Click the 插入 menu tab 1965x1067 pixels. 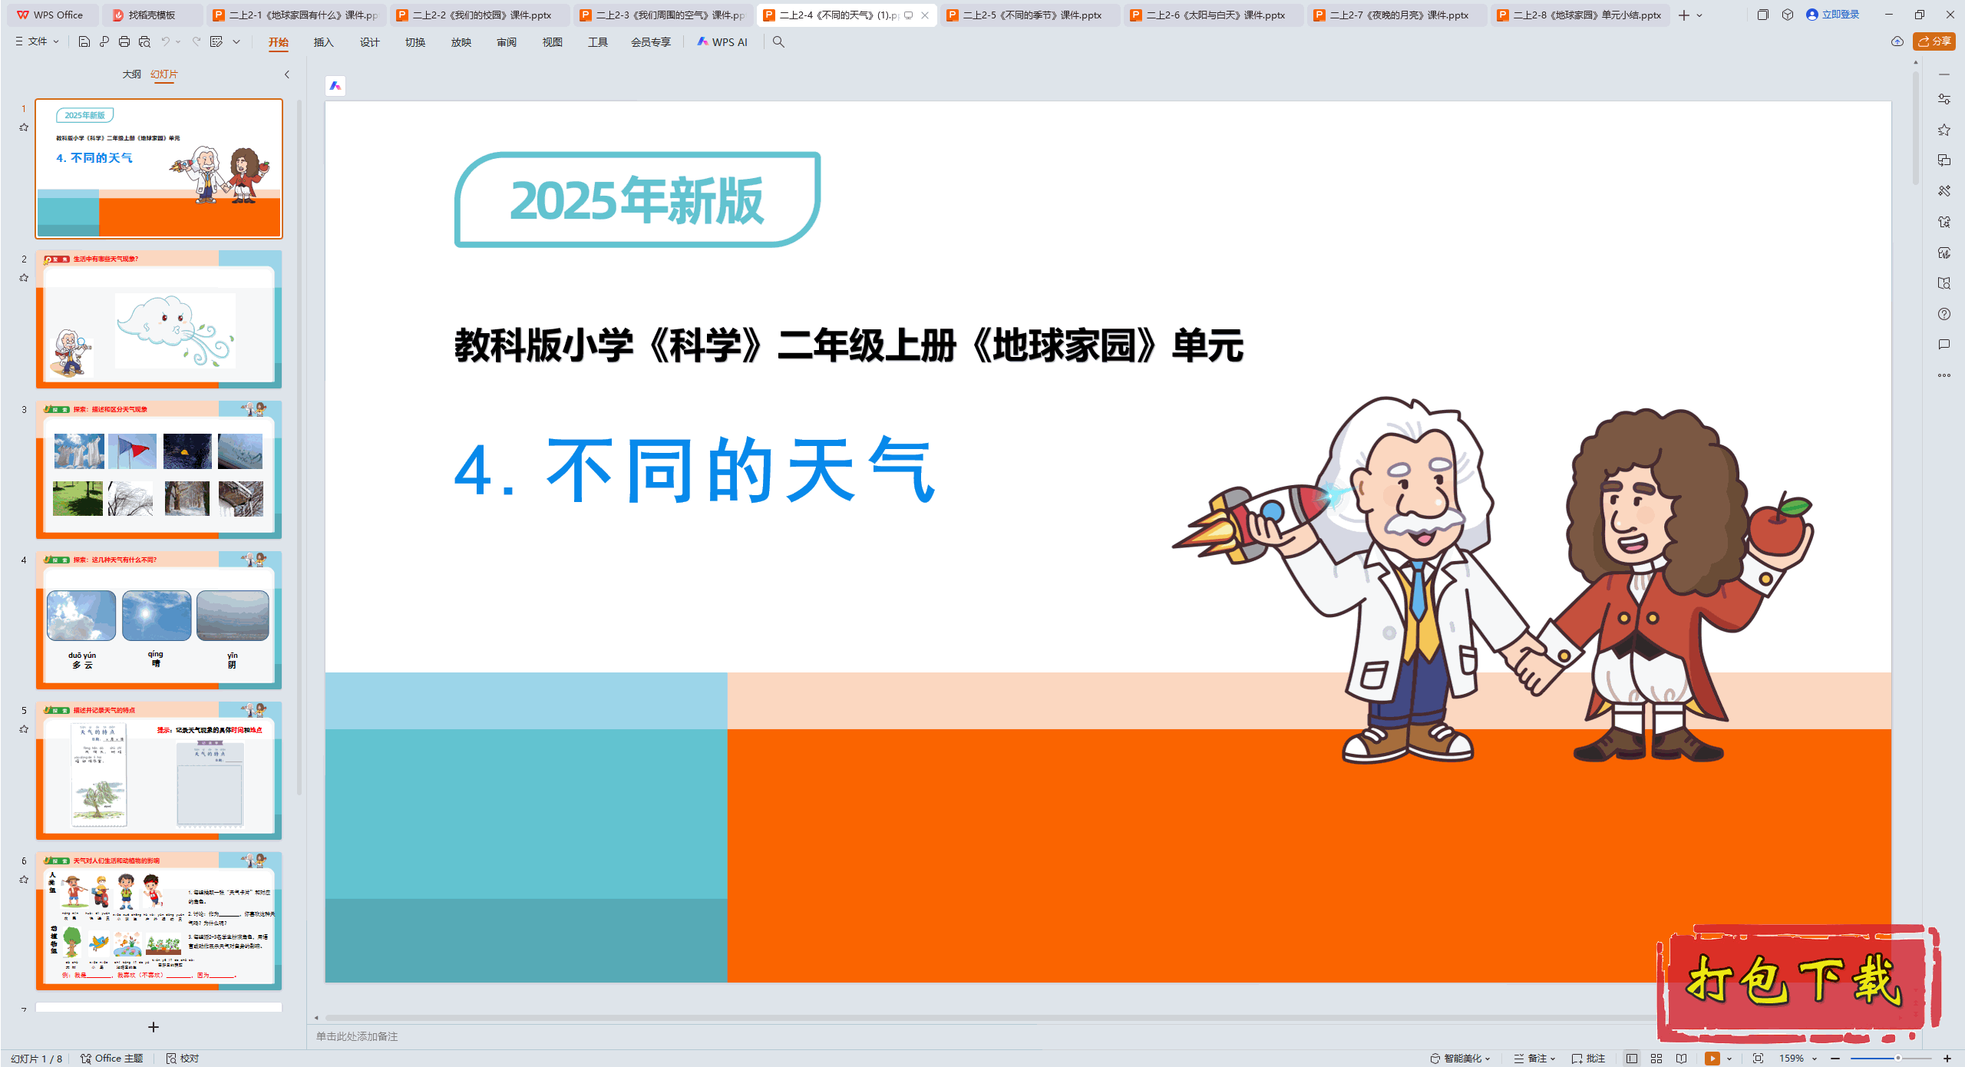point(323,42)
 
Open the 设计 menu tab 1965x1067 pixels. point(369,42)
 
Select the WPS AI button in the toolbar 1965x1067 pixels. point(722,42)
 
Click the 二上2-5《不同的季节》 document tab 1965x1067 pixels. point(1031,15)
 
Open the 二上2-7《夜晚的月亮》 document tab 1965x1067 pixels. point(1398,15)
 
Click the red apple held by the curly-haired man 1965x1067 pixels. point(1779,526)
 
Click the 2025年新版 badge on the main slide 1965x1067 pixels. point(637,200)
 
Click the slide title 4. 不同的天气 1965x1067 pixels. point(695,470)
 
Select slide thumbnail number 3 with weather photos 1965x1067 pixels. point(159,469)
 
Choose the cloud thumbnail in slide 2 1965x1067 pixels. point(175,330)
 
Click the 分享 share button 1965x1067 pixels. point(1934,41)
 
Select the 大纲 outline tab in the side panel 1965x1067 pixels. point(131,74)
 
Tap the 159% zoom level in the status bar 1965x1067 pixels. point(1791,1058)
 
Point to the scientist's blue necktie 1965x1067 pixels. point(1418,591)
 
